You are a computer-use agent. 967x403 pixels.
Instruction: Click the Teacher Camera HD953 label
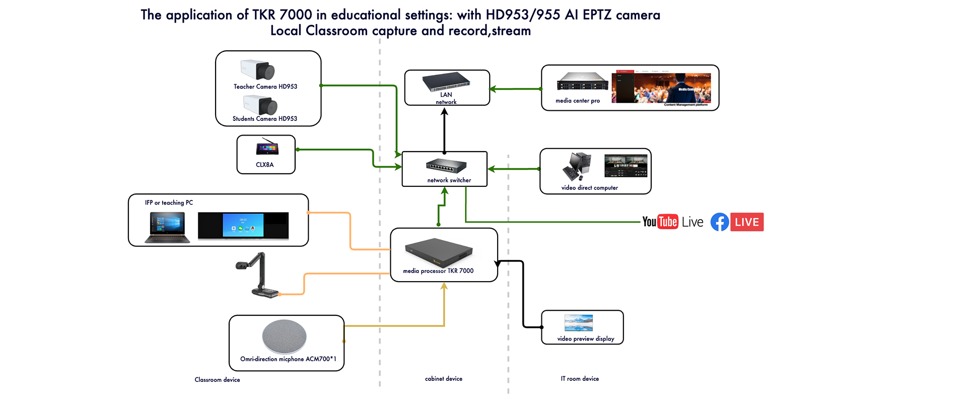point(265,87)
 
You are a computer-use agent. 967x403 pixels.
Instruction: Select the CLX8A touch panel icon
point(267,148)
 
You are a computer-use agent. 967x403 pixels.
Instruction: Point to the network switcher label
point(449,180)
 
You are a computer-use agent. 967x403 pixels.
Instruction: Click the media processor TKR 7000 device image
point(439,252)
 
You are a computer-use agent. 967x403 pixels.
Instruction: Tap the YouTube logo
point(660,222)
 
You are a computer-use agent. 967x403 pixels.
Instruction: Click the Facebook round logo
point(720,222)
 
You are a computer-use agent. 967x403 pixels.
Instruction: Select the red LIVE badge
point(747,222)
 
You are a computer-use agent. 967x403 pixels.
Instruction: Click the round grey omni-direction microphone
point(284,337)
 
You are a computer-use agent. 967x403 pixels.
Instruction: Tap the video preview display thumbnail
point(579,322)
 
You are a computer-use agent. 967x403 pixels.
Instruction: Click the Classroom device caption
point(217,380)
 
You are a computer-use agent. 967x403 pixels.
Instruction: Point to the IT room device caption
point(580,379)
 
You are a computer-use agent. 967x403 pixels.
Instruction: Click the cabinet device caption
point(443,379)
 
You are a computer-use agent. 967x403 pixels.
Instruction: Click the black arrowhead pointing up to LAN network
point(444,112)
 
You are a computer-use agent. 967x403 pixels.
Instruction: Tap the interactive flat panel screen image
point(243,225)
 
